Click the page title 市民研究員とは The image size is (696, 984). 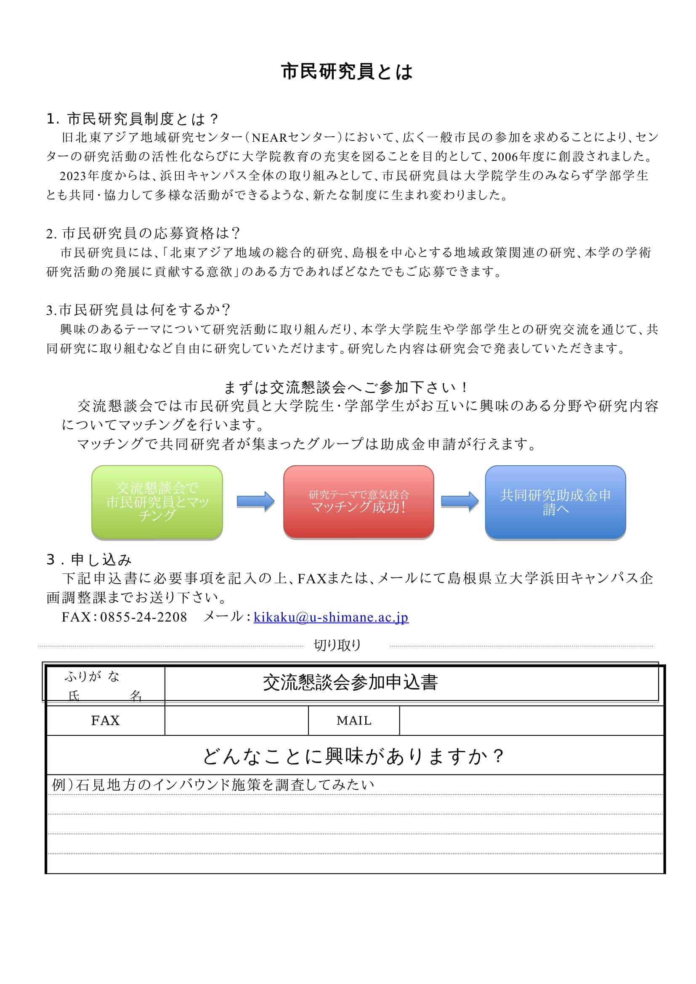pyautogui.click(x=347, y=72)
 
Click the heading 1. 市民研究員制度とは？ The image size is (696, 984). pyautogui.click(x=133, y=119)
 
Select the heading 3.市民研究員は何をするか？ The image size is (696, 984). pyautogui.click(x=138, y=310)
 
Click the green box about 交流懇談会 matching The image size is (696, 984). pyautogui.click(x=157, y=502)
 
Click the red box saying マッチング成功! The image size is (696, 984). pyautogui.click(x=358, y=502)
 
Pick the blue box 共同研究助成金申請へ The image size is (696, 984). pyautogui.click(x=555, y=502)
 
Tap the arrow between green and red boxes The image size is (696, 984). pyautogui.click(x=255, y=501)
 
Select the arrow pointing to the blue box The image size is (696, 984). pyautogui.click(x=460, y=501)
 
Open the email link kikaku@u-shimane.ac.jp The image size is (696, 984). pyautogui.click(x=331, y=617)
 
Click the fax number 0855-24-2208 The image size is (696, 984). pyautogui.click(x=143, y=617)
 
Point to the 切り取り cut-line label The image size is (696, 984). pyautogui.click(x=338, y=645)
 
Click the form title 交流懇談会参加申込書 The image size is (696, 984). pyautogui.click(x=350, y=682)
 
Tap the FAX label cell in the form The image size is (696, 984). pyautogui.click(x=106, y=721)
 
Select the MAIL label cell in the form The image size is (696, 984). pyautogui.click(x=354, y=721)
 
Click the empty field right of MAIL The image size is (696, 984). pyautogui.click(x=531, y=721)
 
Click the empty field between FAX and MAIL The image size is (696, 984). pyautogui.click(x=236, y=721)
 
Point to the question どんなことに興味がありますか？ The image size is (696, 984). pyautogui.click(x=353, y=756)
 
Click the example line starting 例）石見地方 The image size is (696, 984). pyautogui.click(x=213, y=785)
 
